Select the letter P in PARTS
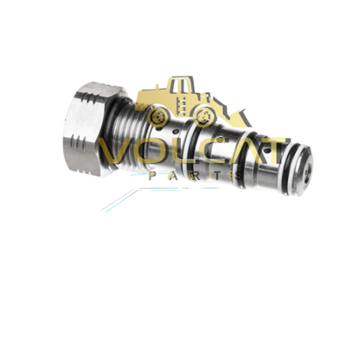point(153,174)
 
